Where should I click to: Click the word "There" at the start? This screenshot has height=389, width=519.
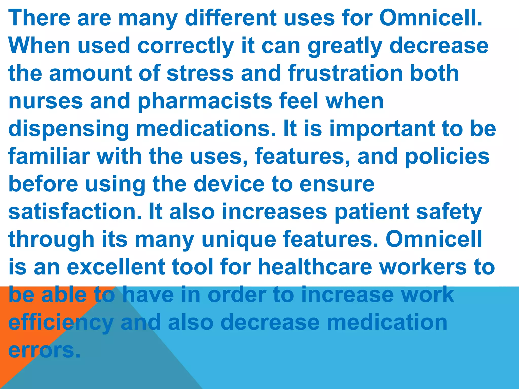point(39,18)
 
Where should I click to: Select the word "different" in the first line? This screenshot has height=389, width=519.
point(231,18)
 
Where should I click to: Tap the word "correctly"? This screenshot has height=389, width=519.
point(186,46)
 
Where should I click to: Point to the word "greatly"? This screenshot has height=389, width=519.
point(345,46)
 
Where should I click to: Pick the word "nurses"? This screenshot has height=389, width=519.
point(46,101)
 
